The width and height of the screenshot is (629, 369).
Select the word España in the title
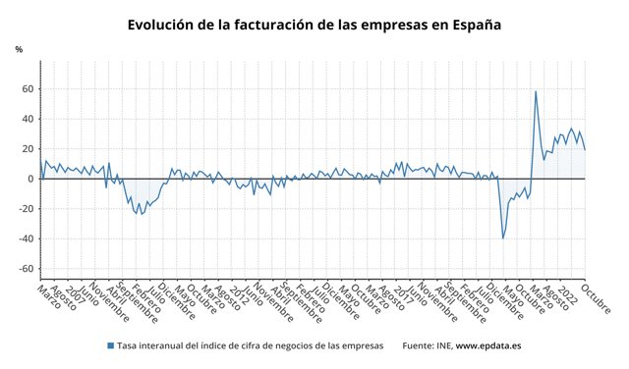[472, 25]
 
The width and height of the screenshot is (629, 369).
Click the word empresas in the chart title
[389, 25]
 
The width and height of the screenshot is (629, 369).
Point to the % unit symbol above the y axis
[18, 49]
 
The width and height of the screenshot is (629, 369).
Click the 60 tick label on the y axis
[28, 89]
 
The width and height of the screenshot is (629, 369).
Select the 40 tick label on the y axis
[28, 119]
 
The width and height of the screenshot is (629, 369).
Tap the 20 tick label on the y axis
[28, 149]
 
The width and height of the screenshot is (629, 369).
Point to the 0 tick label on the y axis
[30, 179]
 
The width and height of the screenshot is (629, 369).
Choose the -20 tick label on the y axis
[26, 209]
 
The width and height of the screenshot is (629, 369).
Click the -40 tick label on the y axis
[26, 238]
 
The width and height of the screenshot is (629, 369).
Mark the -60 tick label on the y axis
[26, 269]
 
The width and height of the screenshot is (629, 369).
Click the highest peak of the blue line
[536, 91]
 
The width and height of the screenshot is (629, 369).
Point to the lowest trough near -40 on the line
[503, 237]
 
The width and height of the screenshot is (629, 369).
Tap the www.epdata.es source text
[489, 345]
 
